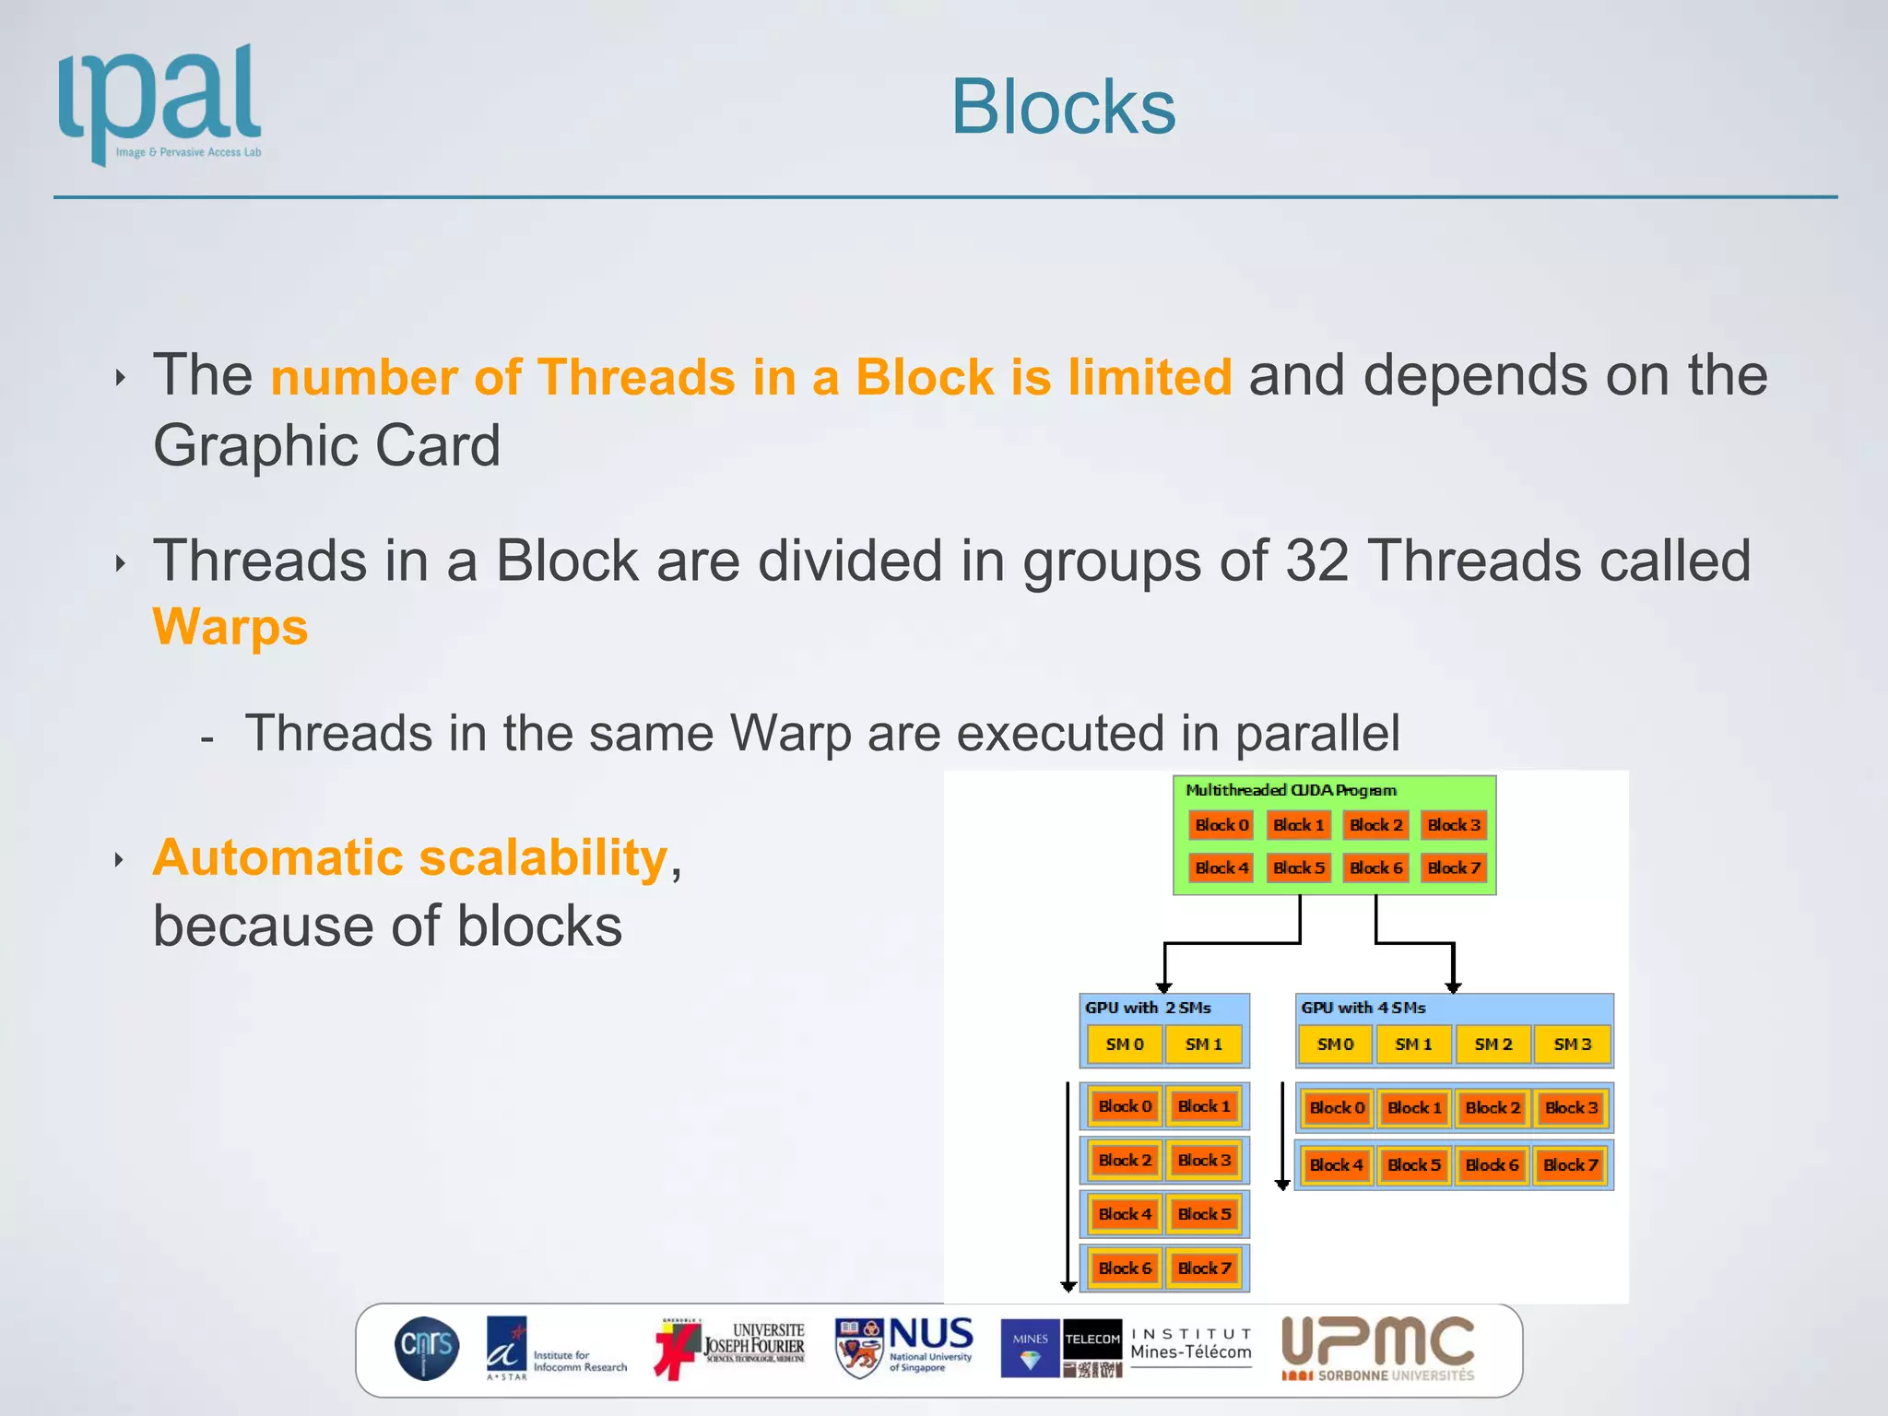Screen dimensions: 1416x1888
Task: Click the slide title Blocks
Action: pos(1063,107)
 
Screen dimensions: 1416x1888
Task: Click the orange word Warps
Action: pos(230,628)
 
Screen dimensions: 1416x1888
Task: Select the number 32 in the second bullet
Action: pos(1316,560)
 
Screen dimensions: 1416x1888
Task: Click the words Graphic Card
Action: pos(326,446)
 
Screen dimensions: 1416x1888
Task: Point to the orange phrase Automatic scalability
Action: pos(410,857)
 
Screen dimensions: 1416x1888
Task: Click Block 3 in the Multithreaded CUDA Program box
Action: pos(1453,825)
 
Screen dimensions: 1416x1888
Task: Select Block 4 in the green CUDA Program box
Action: pos(1221,867)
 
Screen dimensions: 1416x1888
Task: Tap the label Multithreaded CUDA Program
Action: pos(1290,790)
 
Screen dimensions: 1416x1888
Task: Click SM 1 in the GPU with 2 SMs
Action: pos(1203,1044)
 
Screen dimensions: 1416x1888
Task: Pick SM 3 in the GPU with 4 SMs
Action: pos(1572,1044)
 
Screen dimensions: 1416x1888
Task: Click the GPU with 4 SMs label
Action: pos(1363,1008)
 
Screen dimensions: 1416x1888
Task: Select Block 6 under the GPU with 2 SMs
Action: pos(1125,1268)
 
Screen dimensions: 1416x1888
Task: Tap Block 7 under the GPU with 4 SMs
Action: pos(1570,1165)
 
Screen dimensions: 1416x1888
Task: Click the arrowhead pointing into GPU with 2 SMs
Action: pos(1164,987)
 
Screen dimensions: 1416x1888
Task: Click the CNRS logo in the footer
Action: pos(427,1348)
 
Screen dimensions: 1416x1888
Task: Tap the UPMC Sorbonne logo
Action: pos(1378,1348)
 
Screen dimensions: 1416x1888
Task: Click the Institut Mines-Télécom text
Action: pos(1190,1345)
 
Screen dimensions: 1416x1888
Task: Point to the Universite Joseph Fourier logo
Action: pos(730,1348)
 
